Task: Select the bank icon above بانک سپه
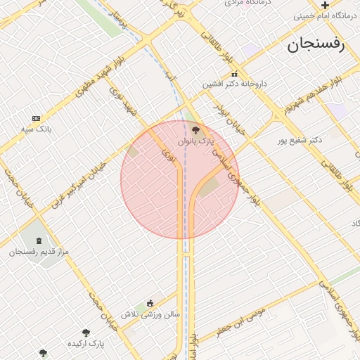pos(36,118)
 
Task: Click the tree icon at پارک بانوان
pos(195,129)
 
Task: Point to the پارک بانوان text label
pos(195,141)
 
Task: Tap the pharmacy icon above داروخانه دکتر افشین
pos(234,74)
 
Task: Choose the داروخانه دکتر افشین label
pos(235,84)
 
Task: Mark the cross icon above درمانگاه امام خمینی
pos(325,5)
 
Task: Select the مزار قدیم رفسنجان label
pos(39,251)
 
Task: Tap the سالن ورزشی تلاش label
pos(150,314)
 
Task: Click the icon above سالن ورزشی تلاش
pos(150,304)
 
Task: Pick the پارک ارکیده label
pos(86,344)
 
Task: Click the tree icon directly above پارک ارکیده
pos(86,333)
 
